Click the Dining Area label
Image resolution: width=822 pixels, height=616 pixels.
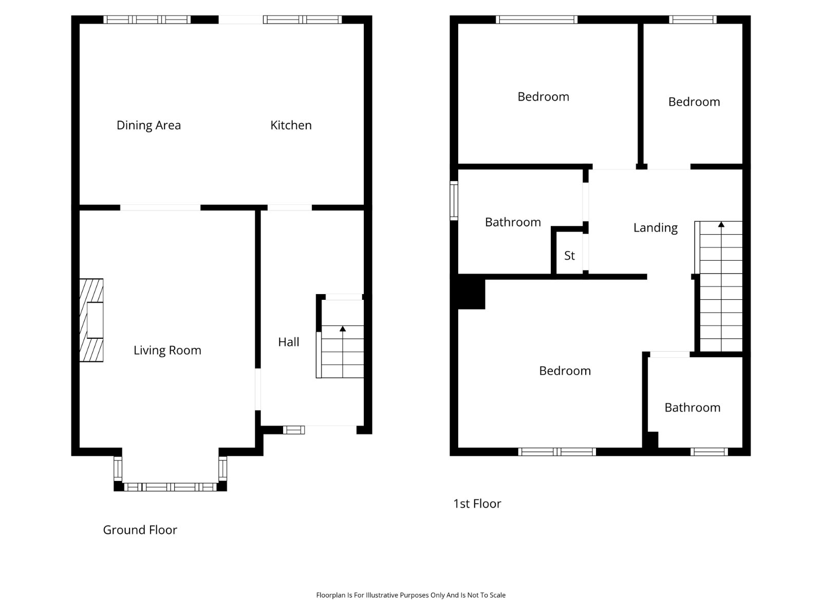[x=148, y=125]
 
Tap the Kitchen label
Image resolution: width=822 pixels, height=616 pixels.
[x=291, y=125]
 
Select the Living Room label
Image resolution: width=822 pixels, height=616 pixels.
[x=167, y=351]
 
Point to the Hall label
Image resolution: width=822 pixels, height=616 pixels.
[x=289, y=342]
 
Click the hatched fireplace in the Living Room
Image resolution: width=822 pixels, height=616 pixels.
[x=91, y=320]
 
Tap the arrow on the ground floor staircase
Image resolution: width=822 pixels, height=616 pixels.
[x=343, y=352]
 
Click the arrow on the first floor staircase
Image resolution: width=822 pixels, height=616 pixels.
[x=721, y=286]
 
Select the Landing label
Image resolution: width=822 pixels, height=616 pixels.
[x=656, y=228]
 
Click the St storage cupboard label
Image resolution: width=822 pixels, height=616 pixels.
[x=569, y=256]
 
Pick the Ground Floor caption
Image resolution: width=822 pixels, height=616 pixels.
[x=140, y=530]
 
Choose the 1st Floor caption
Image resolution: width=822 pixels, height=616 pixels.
[x=477, y=504]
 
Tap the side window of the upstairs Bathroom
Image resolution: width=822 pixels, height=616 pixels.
[x=454, y=201]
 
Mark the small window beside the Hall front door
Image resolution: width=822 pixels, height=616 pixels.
[x=293, y=430]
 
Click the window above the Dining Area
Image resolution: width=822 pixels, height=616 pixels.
[x=147, y=20]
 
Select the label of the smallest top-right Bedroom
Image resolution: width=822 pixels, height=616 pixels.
[x=694, y=102]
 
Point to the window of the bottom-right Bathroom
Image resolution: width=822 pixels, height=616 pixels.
[x=709, y=452]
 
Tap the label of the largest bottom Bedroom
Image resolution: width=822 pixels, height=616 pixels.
[x=565, y=371]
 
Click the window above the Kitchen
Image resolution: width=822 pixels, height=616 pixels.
[x=303, y=20]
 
